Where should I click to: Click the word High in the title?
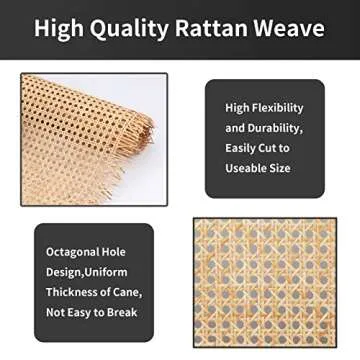click(62, 29)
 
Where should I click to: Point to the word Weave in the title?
click(291, 29)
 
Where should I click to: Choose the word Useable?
click(250, 168)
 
